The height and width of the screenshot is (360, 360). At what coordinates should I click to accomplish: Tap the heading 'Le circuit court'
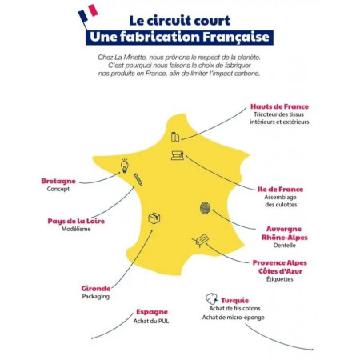179,21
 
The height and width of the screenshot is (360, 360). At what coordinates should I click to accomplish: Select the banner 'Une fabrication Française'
179,38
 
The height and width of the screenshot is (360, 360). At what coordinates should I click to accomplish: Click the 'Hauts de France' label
279,106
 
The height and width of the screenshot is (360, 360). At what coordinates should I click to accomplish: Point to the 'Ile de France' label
280,190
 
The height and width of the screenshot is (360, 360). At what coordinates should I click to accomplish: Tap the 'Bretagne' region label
58,181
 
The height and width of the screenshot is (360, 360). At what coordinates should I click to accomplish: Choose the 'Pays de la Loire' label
76,221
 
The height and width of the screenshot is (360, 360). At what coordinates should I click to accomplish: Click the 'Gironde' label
96,288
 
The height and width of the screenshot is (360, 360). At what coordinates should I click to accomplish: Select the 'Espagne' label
152,312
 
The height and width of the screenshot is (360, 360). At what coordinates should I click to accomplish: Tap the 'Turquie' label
234,301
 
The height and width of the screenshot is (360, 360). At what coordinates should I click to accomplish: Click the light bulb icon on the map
125,166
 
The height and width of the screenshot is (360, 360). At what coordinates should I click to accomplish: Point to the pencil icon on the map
138,179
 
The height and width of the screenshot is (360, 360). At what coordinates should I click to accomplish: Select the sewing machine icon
178,155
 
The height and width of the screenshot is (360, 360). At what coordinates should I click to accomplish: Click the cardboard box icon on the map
154,218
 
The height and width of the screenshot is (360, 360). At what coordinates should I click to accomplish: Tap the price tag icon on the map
200,240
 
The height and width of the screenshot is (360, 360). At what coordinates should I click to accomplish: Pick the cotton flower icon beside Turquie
212,298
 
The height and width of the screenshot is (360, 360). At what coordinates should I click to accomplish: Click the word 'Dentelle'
284,246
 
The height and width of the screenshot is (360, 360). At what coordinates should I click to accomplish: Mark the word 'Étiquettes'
280,279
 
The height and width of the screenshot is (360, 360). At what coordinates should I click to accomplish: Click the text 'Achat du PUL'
151,321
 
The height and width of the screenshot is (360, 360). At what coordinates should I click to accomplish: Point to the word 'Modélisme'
76,229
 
